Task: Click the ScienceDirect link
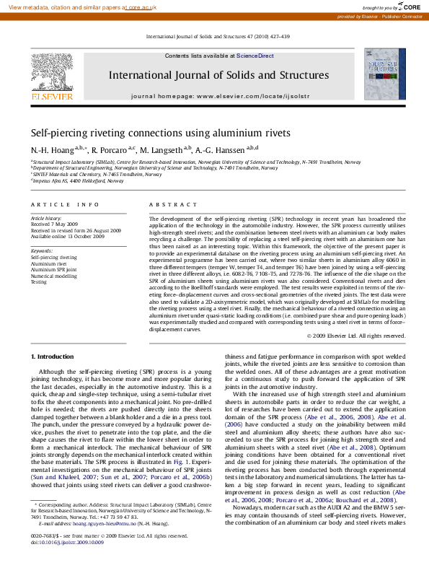click(255, 56)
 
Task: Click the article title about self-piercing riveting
click(160, 133)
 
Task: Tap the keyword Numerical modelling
click(53, 276)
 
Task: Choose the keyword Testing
click(38, 282)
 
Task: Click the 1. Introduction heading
click(53, 357)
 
